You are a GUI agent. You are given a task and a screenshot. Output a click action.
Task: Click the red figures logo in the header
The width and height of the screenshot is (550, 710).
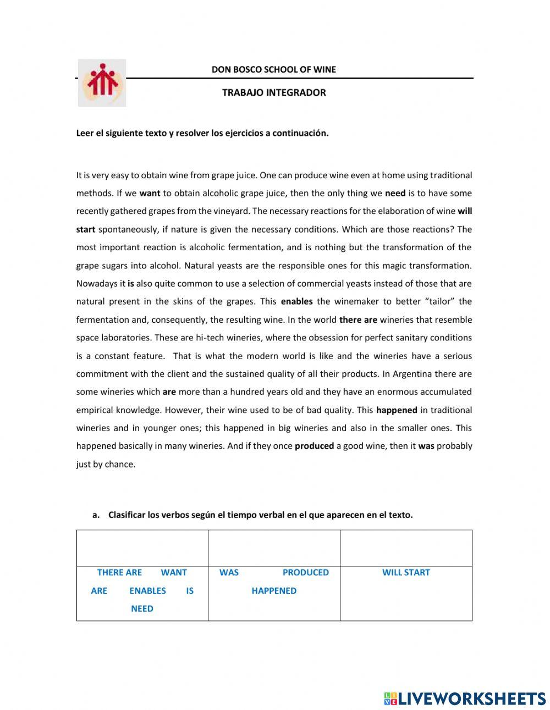(102, 82)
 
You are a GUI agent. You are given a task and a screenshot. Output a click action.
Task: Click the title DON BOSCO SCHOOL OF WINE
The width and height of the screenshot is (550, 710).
(273, 69)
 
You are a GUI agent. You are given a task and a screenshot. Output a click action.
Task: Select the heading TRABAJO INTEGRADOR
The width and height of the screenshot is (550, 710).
(274, 92)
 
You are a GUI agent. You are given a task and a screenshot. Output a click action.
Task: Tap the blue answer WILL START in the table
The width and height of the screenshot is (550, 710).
(406, 573)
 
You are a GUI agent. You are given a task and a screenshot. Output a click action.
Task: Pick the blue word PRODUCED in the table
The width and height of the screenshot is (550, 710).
(305, 573)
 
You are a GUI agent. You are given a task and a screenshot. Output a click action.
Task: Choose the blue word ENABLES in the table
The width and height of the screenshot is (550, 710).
(147, 591)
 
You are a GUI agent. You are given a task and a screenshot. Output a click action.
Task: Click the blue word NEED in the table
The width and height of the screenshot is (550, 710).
(142, 609)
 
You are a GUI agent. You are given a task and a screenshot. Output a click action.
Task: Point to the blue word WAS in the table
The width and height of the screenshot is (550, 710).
(229, 573)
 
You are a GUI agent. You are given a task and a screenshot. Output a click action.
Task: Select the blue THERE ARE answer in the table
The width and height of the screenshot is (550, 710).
(119, 573)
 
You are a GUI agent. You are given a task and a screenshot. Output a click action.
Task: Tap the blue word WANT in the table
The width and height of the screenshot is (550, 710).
(174, 573)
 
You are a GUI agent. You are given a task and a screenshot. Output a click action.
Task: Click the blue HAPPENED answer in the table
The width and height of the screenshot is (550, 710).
(274, 591)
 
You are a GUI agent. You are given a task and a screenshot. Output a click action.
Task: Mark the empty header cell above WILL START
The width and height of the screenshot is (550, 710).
(406, 548)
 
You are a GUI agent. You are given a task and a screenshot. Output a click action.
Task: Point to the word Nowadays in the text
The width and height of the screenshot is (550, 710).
(94, 284)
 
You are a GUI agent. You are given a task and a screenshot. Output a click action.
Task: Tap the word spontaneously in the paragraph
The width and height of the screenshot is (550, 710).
(129, 229)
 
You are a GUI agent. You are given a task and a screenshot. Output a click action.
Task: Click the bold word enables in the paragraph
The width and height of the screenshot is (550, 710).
(296, 301)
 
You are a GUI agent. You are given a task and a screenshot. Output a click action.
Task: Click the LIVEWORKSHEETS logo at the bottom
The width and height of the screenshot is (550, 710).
(465, 698)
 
